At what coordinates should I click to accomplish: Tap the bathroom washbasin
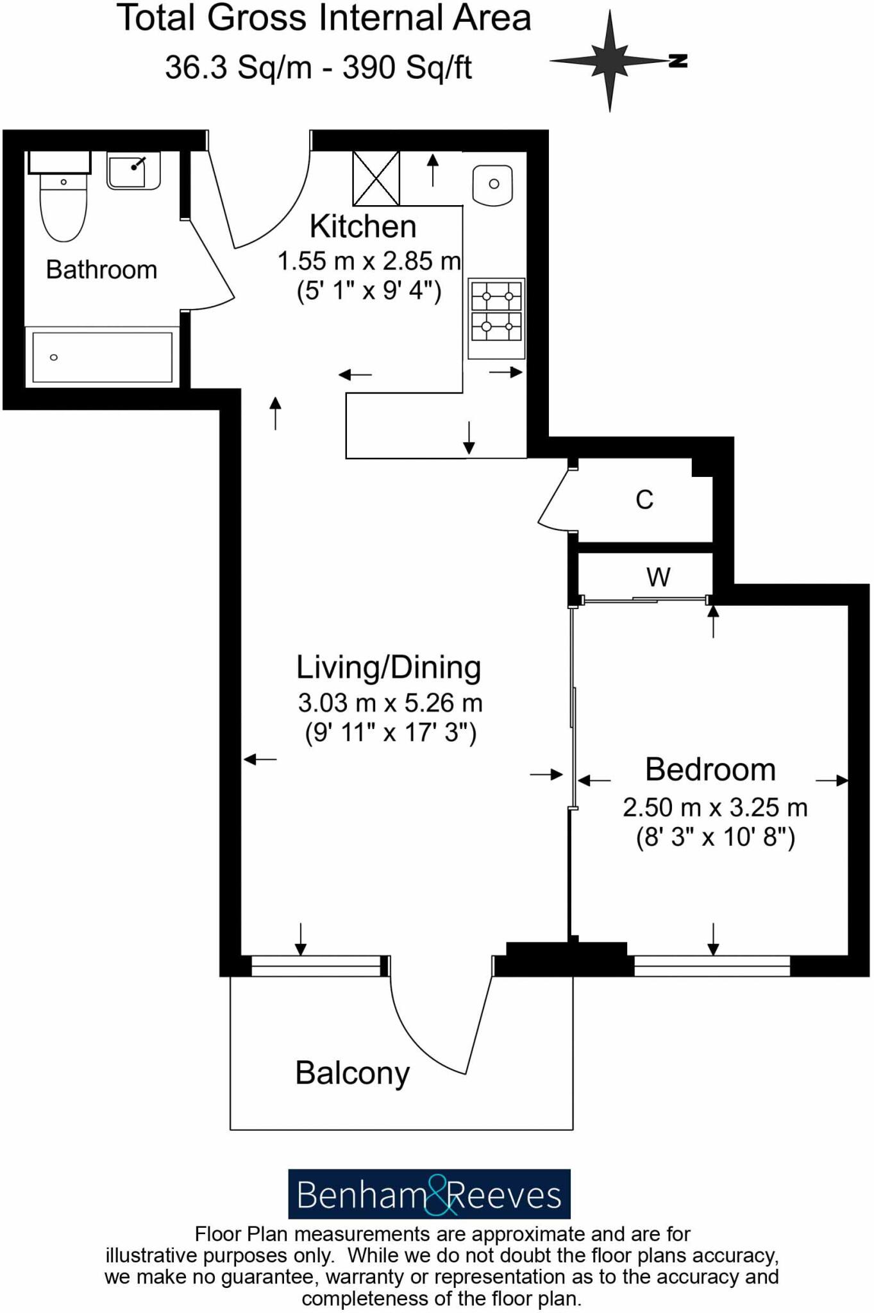[x=133, y=171]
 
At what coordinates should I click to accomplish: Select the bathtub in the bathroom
[x=102, y=357]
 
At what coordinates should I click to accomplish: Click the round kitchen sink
[x=493, y=184]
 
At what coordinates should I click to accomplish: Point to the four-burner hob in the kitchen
[x=496, y=318]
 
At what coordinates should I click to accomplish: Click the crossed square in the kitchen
[x=376, y=178]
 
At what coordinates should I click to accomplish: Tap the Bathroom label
[x=101, y=270]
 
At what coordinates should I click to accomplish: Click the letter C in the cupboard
[x=644, y=500]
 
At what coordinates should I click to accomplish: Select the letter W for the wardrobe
[x=658, y=578]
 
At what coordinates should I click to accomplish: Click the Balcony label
[x=352, y=1073]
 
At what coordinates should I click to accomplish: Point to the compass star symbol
[x=610, y=61]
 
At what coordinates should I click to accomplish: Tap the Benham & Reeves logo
[x=429, y=1194]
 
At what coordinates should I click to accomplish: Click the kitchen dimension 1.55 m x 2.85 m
[x=369, y=262]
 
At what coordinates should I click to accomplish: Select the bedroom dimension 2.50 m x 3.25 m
[x=715, y=808]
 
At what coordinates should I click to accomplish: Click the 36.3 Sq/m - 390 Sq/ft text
[x=319, y=67]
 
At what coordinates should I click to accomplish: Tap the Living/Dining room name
[x=389, y=667]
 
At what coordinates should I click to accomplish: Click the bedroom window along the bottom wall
[x=712, y=966]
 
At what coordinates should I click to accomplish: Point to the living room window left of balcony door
[x=315, y=966]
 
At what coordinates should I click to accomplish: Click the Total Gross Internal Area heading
[x=324, y=18]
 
